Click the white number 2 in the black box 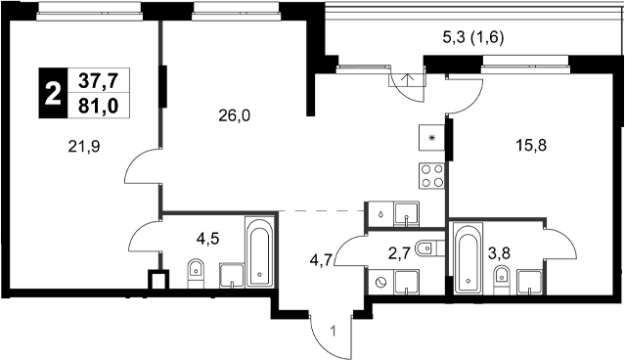[51, 94]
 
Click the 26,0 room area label [235, 115]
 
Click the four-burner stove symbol [430, 175]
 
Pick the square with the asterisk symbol [431, 137]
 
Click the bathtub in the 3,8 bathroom [469, 258]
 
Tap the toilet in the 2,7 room [425, 249]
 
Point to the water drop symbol [379, 212]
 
